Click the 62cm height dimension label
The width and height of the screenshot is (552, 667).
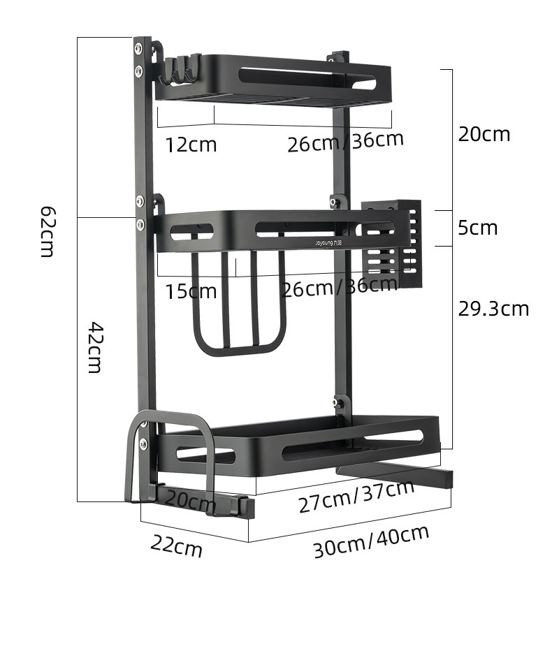click(47, 232)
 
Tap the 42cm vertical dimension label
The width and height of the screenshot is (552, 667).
click(95, 348)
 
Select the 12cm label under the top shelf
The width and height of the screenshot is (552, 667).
click(191, 145)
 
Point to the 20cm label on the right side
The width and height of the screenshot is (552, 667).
click(484, 134)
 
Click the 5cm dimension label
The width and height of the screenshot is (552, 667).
click(477, 228)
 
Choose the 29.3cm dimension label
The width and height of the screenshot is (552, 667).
click(493, 309)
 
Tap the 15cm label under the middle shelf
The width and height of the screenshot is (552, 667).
click(191, 292)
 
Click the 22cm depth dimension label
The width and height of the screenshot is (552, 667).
click(176, 546)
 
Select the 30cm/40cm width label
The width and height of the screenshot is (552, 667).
click(371, 541)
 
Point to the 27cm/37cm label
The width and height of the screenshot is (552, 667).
click(356, 497)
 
